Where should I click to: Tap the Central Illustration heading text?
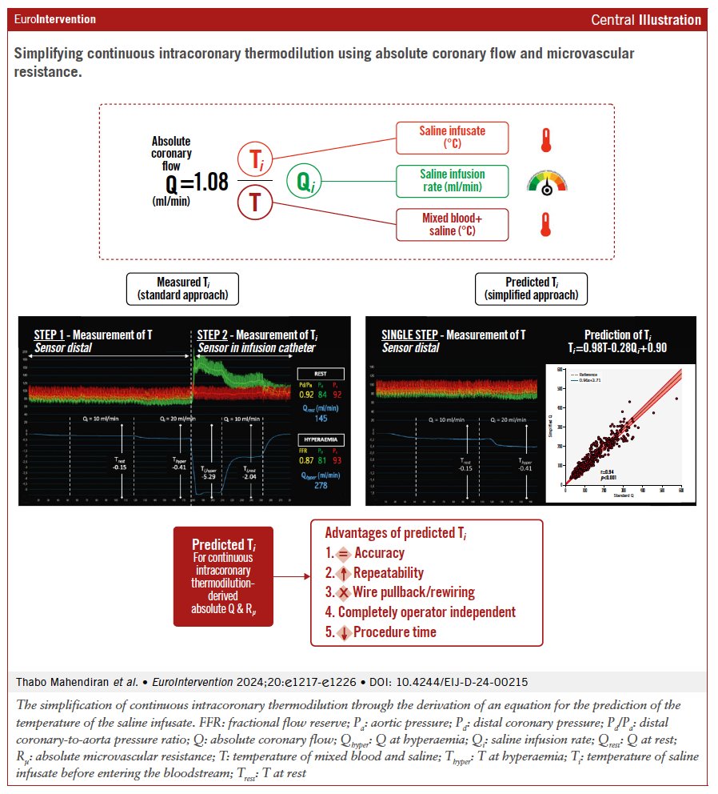click(646, 19)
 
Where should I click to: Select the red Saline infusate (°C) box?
click(452, 138)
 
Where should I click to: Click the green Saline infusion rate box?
click(452, 181)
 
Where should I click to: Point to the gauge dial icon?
click(546, 183)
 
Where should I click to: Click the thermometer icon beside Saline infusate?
click(546, 139)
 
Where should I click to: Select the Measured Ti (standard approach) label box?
click(182, 288)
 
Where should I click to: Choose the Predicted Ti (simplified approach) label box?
click(531, 288)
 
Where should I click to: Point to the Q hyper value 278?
click(321, 487)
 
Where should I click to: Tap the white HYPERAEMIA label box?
click(321, 440)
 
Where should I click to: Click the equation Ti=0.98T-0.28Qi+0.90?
click(615, 347)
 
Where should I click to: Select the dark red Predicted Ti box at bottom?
click(223, 575)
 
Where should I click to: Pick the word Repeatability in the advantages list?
click(381, 573)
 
